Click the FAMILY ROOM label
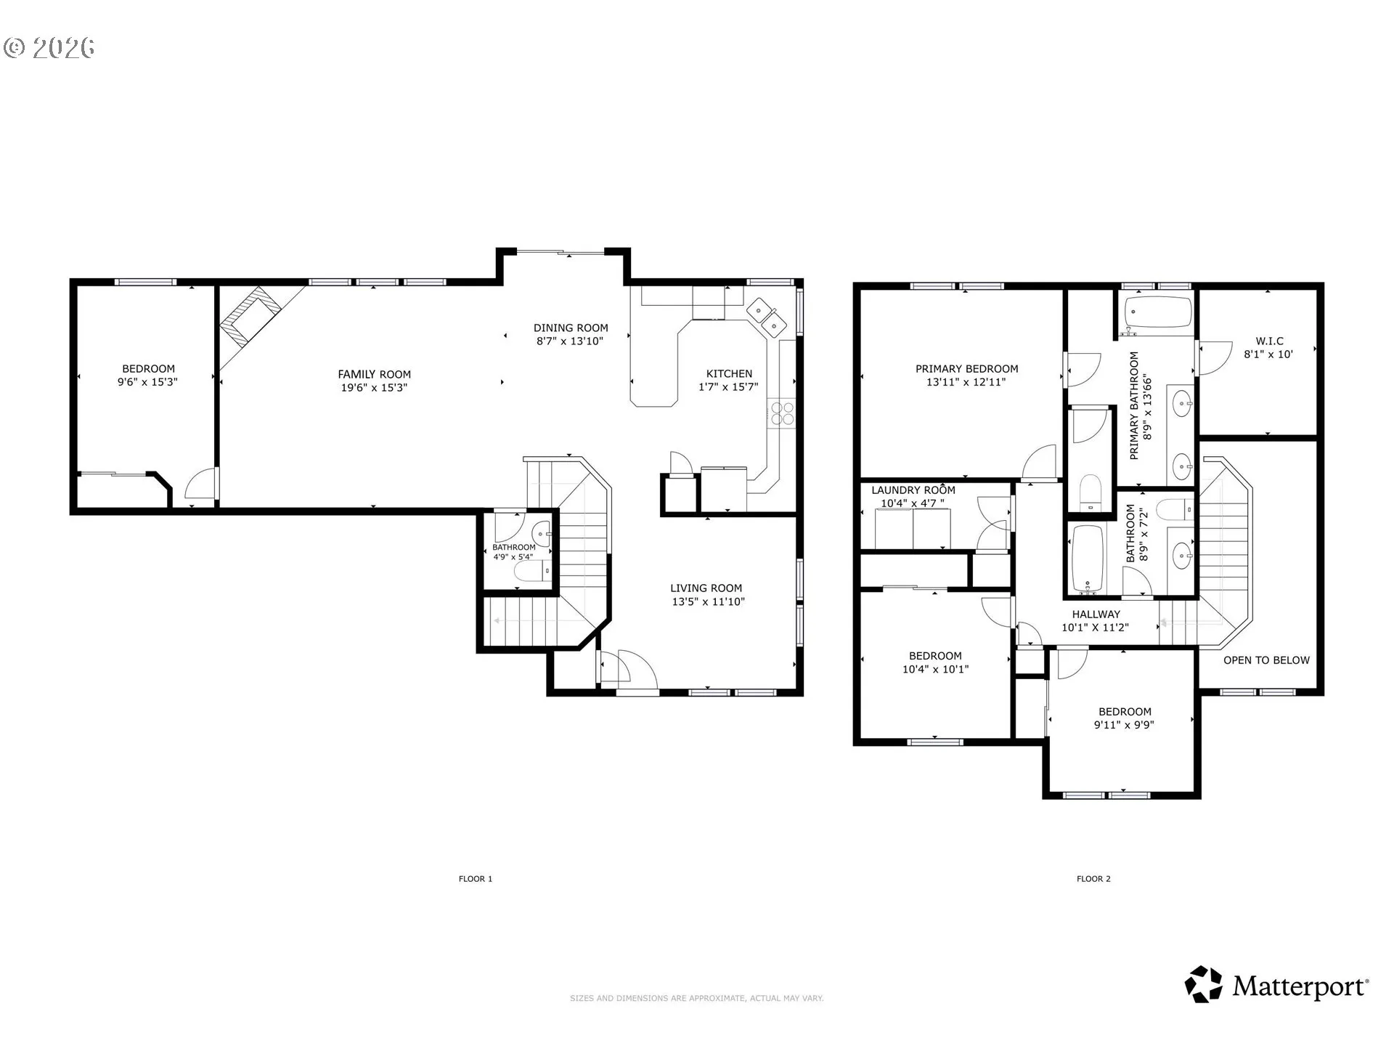tap(375, 374)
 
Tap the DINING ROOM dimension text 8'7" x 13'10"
tap(570, 341)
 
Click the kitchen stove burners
tap(783, 413)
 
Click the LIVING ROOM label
tap(706, 588)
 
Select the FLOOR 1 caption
tap(476, 879)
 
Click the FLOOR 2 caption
tap(1093, 879)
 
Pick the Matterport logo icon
tap(1204, 984)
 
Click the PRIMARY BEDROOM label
tap(966, 369)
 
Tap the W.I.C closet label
tap(1269, 341)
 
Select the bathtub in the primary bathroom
tap(1159, 312)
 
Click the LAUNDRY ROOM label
tap(913, 490)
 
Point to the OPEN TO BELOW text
tap(1266, 660)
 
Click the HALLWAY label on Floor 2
tap(1096, 615)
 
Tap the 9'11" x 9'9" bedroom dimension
tap(1124, 725)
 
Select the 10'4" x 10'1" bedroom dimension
tap(935, 670)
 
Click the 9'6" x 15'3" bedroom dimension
tap(148, 382)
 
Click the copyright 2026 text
tap(49, 47)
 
